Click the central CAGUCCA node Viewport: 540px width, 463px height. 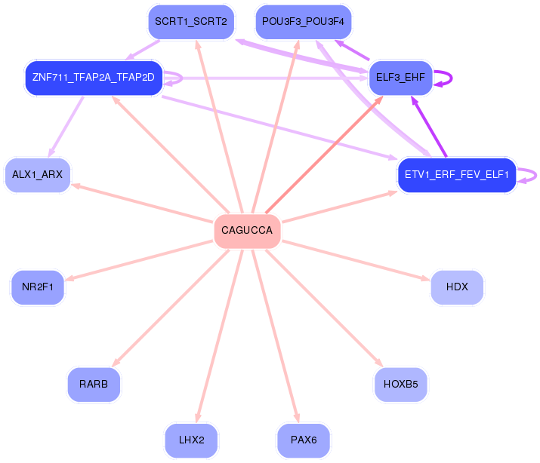tap(247, 231)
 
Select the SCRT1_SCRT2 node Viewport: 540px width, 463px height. tap(191, 22)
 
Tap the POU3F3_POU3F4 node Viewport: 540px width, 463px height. tap(304, 22)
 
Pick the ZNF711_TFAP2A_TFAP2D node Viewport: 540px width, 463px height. tap(94, 78)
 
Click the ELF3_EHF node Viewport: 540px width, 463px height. tap(400, 78)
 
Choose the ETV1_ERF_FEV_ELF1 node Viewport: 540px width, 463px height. tap(457, 175)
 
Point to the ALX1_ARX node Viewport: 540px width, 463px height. tap(38, 175)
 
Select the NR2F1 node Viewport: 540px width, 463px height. tap(38, 287)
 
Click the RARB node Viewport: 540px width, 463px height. tap(94, 385)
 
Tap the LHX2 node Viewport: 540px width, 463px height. tap(192, 440)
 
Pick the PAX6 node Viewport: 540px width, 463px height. tap(304, 440)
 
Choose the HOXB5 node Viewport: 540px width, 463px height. tap(401, 385)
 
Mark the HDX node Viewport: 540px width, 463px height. tap(457, 287)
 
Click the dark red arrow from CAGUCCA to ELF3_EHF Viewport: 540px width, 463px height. tap(324, 155)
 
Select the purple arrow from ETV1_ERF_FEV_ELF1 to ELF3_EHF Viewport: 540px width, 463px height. tap(429, 127)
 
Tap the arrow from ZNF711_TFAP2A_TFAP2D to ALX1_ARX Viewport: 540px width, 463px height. tap(66, 127)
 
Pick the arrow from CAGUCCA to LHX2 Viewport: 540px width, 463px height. tap(219, 336)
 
